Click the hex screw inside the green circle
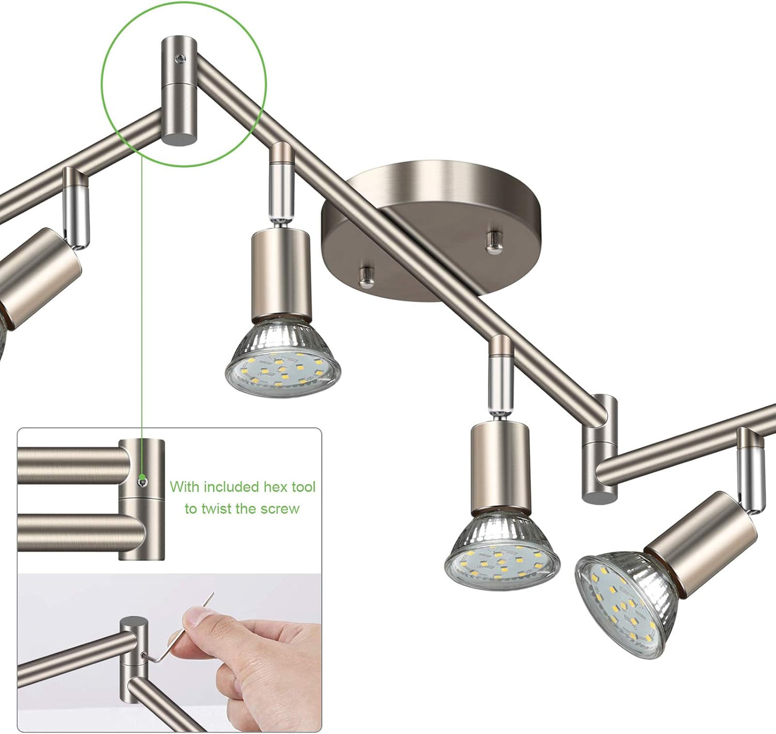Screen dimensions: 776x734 tap(179, 59)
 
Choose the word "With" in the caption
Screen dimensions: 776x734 tap(184, 487)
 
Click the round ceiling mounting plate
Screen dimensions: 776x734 tap(432, 231)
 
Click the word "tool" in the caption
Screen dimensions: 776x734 tap(303, 486)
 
